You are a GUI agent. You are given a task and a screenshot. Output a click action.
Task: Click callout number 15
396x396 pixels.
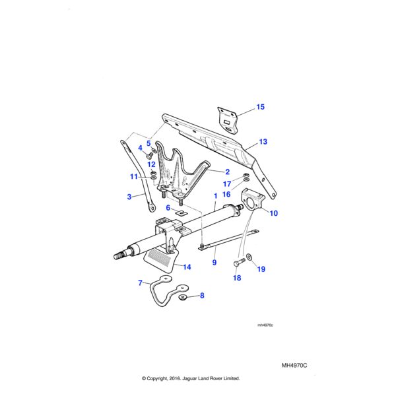tap(260, 107)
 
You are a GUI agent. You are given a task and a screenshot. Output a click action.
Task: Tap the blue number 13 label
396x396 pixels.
tap(263, 142)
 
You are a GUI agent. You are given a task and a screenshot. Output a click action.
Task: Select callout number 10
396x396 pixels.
tap(274, 213)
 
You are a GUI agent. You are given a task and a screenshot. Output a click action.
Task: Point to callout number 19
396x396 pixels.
tap(260, 269)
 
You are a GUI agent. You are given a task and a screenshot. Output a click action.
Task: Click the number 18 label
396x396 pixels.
tap(237, 279)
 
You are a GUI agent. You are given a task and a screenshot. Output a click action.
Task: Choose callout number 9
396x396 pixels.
tap(214, 263)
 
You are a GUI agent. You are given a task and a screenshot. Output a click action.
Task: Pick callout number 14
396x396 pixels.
tap(187, 267)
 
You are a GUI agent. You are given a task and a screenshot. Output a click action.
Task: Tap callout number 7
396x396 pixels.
tap(140, 283)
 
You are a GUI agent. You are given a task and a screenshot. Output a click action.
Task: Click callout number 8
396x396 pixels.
tap(202, 296)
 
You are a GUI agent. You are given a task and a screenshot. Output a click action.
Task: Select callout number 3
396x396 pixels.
tap(129, 196)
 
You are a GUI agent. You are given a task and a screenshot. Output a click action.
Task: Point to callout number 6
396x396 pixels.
tap(168, 207)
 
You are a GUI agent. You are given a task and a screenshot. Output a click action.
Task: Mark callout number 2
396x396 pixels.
tap(226, 171)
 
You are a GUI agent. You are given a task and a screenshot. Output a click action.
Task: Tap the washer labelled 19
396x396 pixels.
tap(249, 256)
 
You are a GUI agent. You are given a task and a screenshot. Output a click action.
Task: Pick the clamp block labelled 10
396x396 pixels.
tap(253, 200)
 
